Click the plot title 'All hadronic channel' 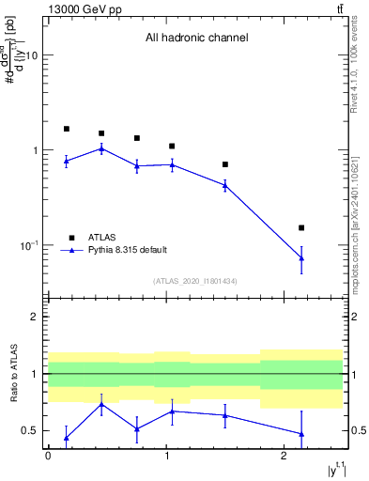coord(196,39)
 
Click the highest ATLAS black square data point coord(66,129)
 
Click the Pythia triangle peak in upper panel coord(101,148)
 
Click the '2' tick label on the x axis coord(284,456)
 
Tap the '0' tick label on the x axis coord(48,456)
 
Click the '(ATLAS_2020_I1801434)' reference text coord(196,280)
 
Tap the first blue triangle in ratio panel coord(66,437)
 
